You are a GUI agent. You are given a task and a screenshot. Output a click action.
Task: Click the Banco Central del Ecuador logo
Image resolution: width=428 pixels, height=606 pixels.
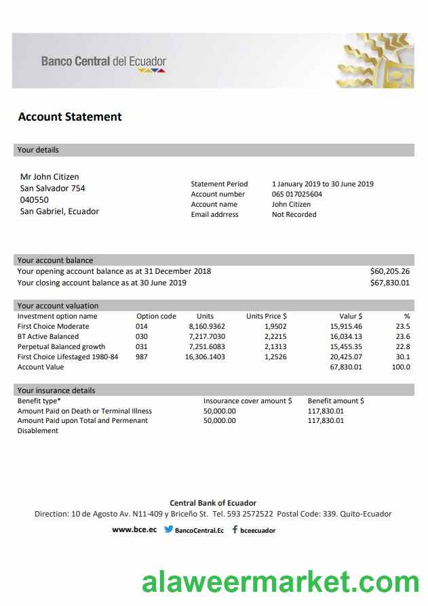(x=103, y=63)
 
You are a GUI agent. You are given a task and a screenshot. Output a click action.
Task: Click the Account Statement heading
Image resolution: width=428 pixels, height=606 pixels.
(x=70, y=117)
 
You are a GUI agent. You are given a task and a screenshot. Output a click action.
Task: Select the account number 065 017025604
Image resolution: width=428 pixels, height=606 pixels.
(x=297, y=195)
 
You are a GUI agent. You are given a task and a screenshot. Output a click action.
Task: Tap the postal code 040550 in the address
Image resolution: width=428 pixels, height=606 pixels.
(x=35, y=200)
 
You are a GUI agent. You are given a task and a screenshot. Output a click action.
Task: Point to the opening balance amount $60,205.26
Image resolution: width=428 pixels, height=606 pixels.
(x=390, y=271)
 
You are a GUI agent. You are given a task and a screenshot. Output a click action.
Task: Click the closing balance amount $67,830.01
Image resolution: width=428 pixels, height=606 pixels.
(x=390, y=283)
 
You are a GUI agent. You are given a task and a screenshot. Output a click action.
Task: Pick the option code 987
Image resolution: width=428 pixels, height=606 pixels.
(x=142, y=357)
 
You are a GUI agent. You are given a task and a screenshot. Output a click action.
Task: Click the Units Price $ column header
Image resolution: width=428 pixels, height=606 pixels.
(x=266, y=316)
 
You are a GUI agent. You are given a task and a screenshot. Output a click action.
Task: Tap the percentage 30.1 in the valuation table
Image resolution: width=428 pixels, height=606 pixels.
(x=403, y=357)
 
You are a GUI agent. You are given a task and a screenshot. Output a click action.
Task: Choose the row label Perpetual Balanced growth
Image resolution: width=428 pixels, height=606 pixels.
(x=61, y=346)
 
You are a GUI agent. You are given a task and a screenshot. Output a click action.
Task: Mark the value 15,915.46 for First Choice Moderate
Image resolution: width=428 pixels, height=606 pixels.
(x=346, y=326)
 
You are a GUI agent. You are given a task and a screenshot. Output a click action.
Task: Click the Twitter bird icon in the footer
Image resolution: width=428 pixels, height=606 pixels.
(x=168, y=529)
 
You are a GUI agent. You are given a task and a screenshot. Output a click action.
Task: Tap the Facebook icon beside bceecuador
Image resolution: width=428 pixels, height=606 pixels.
(x=235, y=529)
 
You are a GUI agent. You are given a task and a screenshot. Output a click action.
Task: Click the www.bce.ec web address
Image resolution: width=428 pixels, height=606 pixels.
(x=134, y=529)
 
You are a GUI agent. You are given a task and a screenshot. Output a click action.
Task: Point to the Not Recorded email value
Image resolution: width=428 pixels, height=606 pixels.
(x=294, y=215)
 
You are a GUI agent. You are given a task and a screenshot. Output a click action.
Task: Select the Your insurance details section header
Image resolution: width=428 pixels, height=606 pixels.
(x=56, y=390)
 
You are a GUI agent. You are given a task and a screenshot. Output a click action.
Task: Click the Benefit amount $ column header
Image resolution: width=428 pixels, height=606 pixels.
(x=336, y=401)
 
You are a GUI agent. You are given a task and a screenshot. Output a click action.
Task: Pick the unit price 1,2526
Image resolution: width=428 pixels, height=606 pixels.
(x=275, y=357)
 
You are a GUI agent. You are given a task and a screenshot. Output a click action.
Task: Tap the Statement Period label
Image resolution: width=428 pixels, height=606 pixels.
(x=219, y=184)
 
